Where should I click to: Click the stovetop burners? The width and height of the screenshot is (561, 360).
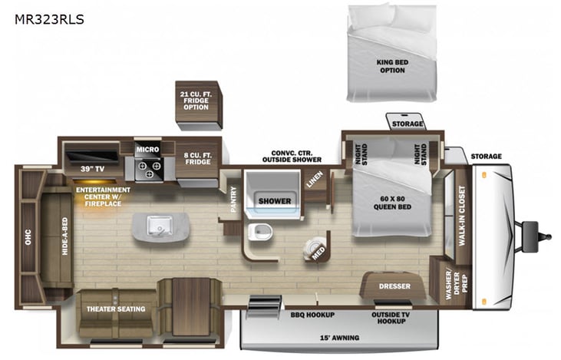[147, 167]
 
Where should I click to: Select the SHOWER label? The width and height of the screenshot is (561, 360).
[274, 201]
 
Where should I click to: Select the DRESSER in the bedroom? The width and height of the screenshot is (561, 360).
[394, 286]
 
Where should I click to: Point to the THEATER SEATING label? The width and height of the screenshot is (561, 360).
[116, 309]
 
